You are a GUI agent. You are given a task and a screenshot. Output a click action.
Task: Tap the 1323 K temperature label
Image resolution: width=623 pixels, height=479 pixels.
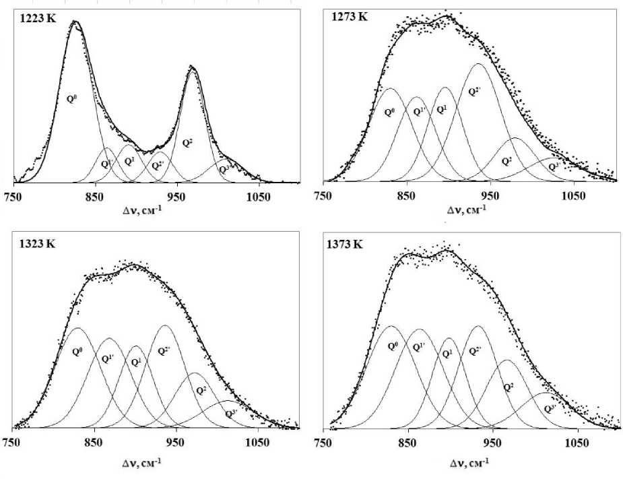(x=35, y=243)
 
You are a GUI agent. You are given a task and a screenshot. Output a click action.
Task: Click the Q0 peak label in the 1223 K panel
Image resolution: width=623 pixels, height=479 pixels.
(x=71, y=98)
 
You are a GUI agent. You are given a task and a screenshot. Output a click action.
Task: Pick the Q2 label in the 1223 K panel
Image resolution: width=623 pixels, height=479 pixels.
(x=188, y=142)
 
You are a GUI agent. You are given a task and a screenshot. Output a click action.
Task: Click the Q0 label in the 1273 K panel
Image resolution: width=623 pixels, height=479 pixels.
(x=389, y=111)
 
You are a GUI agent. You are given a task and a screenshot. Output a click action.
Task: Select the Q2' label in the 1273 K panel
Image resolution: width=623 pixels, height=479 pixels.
(x=474, y=91)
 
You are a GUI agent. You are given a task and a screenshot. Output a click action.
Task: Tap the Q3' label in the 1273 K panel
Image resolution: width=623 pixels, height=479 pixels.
(x=554, y=166)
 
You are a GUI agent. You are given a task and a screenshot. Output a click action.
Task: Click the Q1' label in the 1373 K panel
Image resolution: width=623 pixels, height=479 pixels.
(x=418, y=347)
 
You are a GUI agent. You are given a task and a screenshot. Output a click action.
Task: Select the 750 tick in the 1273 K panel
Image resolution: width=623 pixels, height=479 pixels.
(x=324, y=195)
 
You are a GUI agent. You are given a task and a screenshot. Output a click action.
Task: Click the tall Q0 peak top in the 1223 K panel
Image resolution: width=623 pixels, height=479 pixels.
(x=75, y=22)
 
